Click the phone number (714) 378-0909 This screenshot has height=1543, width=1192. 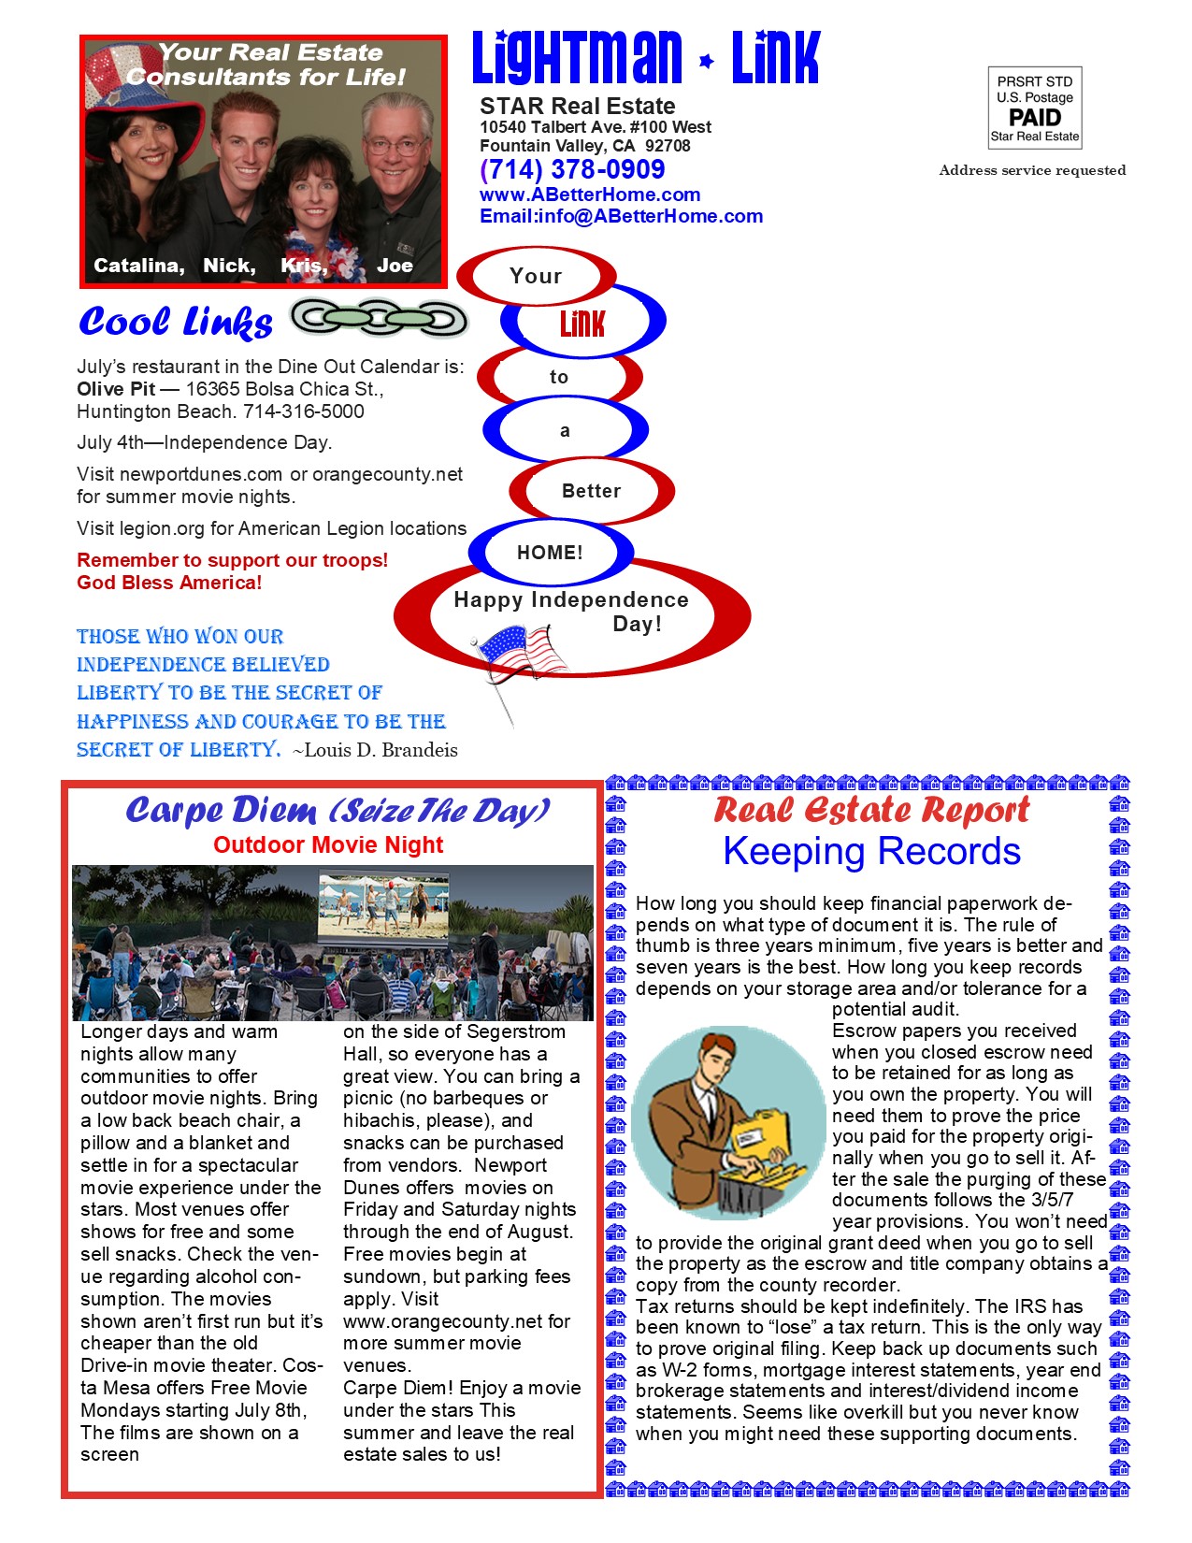coord(572,170)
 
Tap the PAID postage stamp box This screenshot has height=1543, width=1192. coord(1035,108)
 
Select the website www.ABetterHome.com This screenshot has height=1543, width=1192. coord(590,195)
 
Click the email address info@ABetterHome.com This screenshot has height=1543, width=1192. coord(621,216)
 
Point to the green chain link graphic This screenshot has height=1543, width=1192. coord(379,319)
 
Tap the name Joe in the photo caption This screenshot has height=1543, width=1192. coord(395,266)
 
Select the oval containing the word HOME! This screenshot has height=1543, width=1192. coord(550,552)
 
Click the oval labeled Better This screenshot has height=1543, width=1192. coord(591,490)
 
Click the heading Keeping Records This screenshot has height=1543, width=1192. coord(871,852)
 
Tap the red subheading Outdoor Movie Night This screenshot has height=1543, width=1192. coord(328,845)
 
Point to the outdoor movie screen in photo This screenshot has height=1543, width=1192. coord(383,905)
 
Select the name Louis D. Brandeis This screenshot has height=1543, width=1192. coord(381,750)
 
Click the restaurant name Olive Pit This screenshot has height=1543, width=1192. coord(116,389)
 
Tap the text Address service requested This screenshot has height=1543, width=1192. coord(1032,170)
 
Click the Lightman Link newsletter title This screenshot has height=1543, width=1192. coord(645,58)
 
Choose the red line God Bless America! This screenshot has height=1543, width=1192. coord(169,583)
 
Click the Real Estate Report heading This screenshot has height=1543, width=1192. coord(871,810)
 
